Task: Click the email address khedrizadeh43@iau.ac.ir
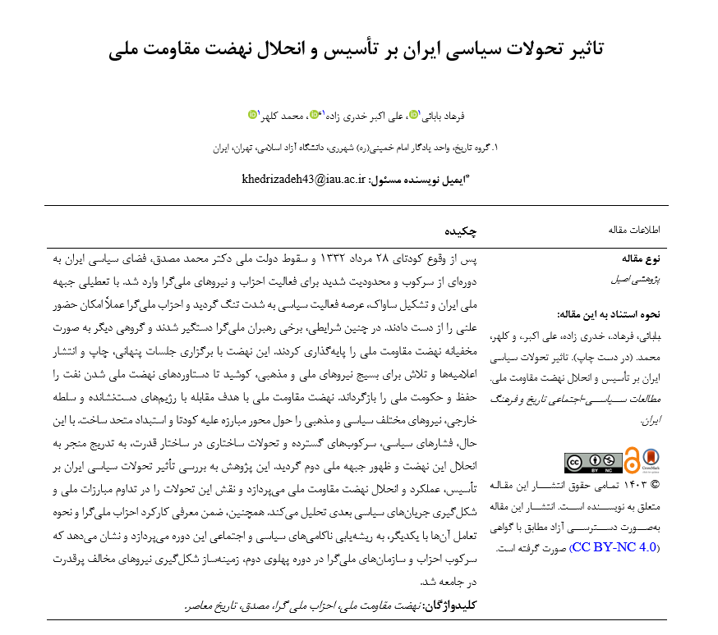[304, 179]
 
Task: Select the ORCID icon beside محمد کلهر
[251, 116]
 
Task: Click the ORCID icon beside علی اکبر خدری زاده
[315, 116]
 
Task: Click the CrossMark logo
[651, 461]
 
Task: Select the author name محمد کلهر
[281, 116]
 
